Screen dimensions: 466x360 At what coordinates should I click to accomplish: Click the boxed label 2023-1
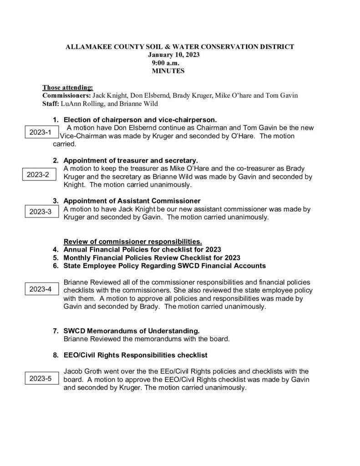tap(41, 132)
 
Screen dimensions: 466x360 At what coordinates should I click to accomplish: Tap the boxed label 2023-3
tap(41, 212)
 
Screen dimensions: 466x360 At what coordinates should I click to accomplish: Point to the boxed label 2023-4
tap(41, 289)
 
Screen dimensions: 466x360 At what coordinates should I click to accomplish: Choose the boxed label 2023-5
tap(41, 378)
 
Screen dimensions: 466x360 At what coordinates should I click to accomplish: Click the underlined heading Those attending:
tap(68, 87)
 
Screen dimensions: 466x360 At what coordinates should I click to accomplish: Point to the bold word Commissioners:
tap(66, 96)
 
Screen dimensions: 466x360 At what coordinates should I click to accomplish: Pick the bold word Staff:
tap(51, 103)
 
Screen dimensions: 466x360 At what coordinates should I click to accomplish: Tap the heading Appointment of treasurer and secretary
tap(131, 161)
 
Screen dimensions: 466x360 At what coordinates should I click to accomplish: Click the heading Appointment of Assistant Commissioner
tap(132, 201)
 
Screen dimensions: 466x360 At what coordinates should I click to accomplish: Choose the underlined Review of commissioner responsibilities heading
tap(133, 241)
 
